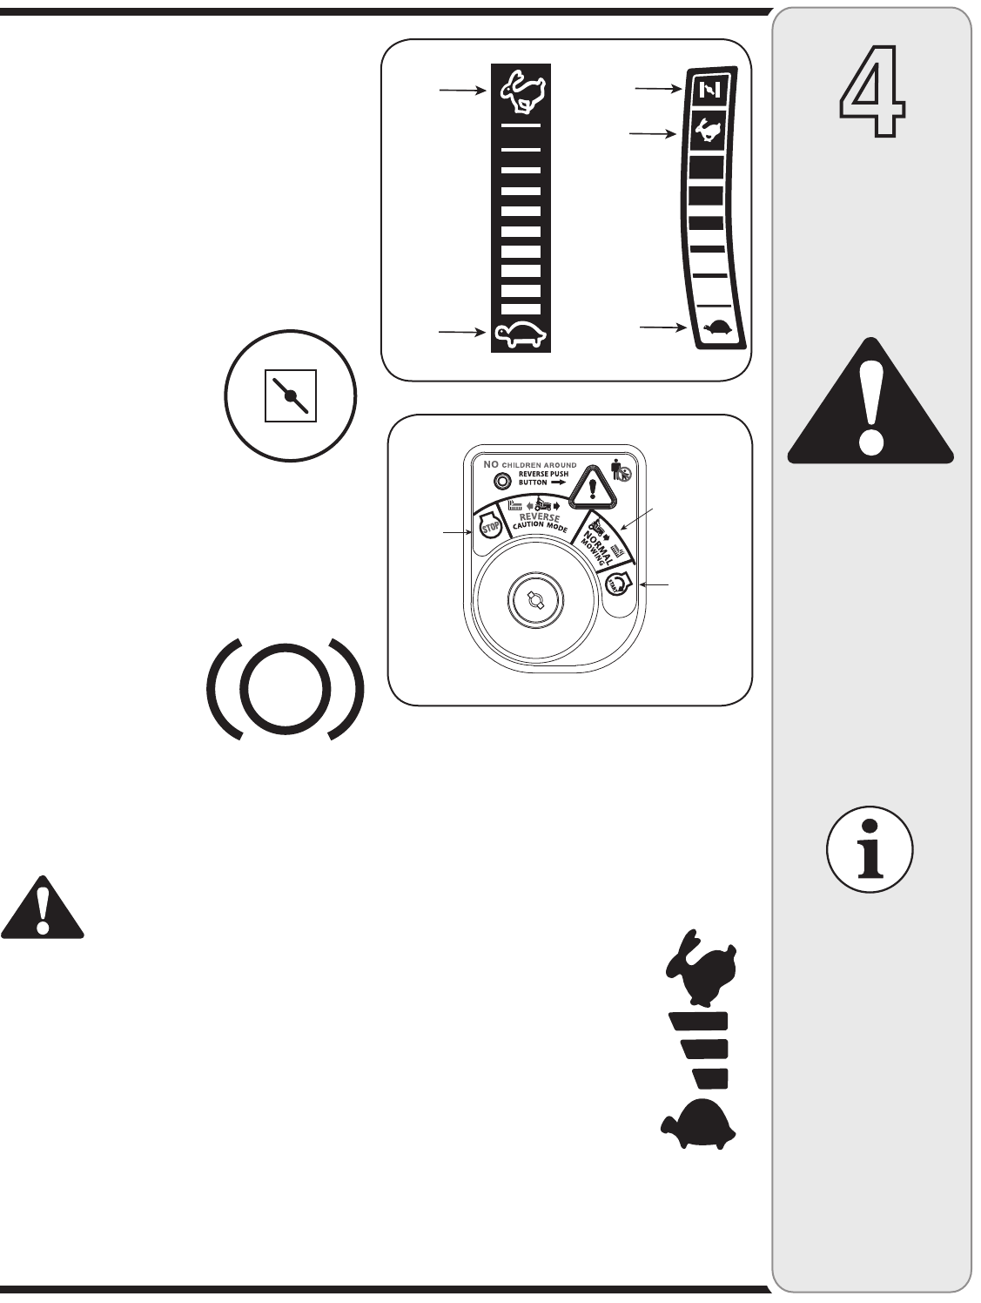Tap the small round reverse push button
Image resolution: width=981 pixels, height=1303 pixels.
pyautogui.click(x=500, y=480)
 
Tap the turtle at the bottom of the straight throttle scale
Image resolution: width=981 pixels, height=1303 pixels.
pyautogui.click(x=520, y=334)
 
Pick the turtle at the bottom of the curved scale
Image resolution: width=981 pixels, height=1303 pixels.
pyautogui.click(x=719, y=328)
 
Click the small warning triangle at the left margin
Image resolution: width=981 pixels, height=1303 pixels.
pyautogui.click(x=42, y=907)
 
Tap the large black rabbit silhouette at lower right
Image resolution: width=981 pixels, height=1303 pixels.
pyautogui.click(x=702, y=964)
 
